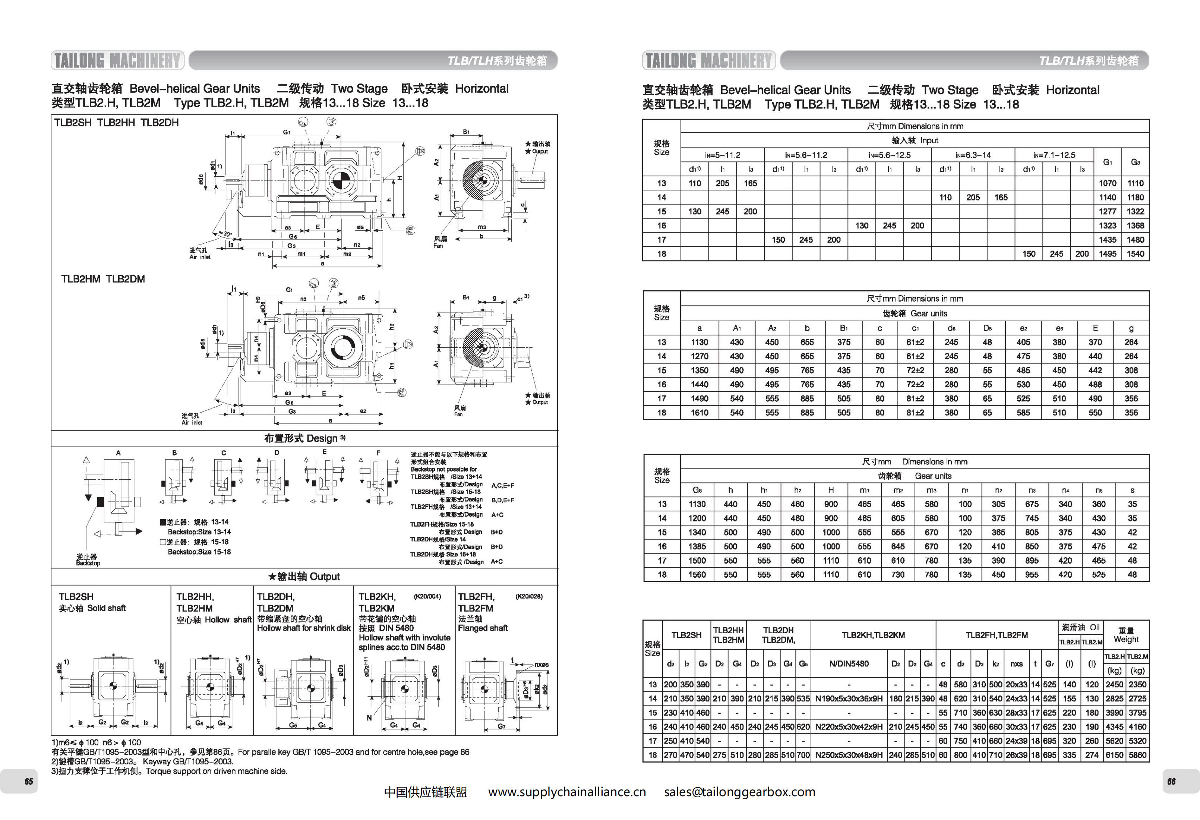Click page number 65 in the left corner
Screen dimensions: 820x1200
pos(29,781)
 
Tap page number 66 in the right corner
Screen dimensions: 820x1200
pos(1171,781)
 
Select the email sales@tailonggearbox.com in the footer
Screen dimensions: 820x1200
pos(739,792)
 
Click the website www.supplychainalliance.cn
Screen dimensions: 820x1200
pos(567,792)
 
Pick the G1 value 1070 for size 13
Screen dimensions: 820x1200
pos(1107,183)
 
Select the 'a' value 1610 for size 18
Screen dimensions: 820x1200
pos(699,413)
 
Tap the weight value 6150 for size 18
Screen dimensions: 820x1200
pos(1114,755)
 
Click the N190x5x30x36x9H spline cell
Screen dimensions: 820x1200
pos(849,698)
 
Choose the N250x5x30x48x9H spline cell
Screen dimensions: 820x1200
pos(849,755)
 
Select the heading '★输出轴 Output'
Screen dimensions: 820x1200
pos(304,576)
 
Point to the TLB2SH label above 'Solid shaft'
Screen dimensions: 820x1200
pos(76,596)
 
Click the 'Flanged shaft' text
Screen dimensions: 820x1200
pos(482,628)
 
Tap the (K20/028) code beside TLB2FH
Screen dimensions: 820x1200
pos(529,596)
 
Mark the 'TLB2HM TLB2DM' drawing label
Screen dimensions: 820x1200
pos(103,279)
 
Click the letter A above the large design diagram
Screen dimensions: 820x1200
pos(118,453)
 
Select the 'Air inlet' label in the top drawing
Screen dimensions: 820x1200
pos(199,257)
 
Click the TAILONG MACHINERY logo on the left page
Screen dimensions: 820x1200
pos(118,60)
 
